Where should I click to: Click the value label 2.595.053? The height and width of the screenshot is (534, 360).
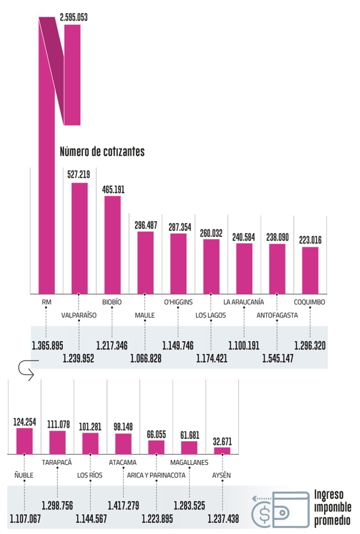[x=74, y=17]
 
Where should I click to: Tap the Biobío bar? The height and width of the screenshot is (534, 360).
[x=112, y=245]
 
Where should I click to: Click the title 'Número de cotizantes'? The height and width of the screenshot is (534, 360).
[x=102, y=151]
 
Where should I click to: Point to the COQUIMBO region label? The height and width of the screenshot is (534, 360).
[x=309, y=302]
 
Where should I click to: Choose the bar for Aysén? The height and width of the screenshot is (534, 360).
[x=222, y=451]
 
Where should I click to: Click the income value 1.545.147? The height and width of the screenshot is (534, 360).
[x=278, y=359]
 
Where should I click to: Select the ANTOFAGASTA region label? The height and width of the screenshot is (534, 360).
[x=277, y=315]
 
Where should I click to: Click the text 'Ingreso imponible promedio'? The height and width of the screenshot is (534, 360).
[x=332, y=507]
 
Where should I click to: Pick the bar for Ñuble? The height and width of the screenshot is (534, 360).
[x=24, y=441]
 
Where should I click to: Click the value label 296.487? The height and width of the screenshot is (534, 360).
[x=145, y=225]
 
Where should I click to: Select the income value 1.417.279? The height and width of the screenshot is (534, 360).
[x=123, y=505]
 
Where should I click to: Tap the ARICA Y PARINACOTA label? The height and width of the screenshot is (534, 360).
[x=156, y=475]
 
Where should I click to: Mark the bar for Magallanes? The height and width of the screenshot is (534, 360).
[x=189, y=448]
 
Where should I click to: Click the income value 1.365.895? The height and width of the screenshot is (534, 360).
[x=48, y=346]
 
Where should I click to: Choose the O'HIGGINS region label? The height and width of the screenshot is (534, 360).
[x=178, y=302]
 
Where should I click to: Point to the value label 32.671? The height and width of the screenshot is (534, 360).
[x=222, y=442]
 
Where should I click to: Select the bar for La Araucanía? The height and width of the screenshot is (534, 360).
[x=244, y=268]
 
